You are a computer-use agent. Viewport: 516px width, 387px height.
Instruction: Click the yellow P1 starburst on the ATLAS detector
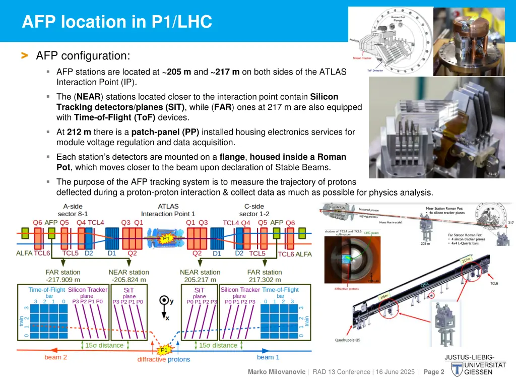pyautogui.click(x=166, y=238)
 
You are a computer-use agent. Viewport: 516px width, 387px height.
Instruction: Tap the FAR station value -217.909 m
pyautogui.click(x=63, y=280)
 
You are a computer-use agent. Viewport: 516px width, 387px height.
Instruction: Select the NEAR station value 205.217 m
pyautogui.click(x=200, y=280)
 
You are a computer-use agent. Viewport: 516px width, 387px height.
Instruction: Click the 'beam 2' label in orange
pyautogui.click(x=55, y=357)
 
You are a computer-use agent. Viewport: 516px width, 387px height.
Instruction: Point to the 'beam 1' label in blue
pyautogui.click(x=268, y=357)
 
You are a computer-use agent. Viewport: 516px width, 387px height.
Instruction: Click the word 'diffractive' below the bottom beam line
pyautogui.click(x=152, y=359)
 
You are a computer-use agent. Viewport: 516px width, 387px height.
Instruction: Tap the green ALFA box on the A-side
pyautogui.click(x=25, y=233)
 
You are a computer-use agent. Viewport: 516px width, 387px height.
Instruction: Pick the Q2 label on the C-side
pyautogui.click(x=197, y=253)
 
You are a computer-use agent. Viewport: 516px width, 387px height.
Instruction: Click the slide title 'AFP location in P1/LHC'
pyautogui.click(x=117, y=22)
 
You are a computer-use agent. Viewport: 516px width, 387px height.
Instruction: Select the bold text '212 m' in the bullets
pyautogui.click(x=77, y=132)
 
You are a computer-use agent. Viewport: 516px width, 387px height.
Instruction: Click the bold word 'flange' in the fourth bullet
pyautogui.click(x=232, y=157)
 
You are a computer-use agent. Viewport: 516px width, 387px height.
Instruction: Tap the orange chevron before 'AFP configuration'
pyautogui.click(x=25, y=55)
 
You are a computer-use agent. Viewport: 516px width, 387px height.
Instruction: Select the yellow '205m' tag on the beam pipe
pyautogui.click(x=384, y=297)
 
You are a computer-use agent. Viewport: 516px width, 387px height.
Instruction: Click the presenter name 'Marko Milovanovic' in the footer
pyautogui.click(x=276, y=372)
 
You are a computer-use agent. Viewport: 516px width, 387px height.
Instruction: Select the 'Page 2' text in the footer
pyautogui.click(x=434, y=372)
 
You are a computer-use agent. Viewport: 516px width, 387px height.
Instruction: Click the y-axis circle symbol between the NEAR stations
pyautogui.click(x=164, y=301)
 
